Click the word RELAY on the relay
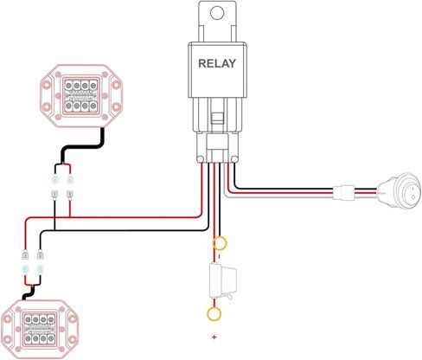217,63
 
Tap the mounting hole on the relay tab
217,13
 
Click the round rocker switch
399,190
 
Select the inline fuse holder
223,280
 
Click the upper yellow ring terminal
220,243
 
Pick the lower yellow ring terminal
214,314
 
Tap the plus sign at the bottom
214,337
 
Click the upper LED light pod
81,96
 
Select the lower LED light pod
40,329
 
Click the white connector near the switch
343,192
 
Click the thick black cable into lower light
29,293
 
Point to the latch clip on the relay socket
217,118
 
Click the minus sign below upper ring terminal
220,256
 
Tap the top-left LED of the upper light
68,85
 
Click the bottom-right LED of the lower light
51,338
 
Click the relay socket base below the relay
218,148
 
